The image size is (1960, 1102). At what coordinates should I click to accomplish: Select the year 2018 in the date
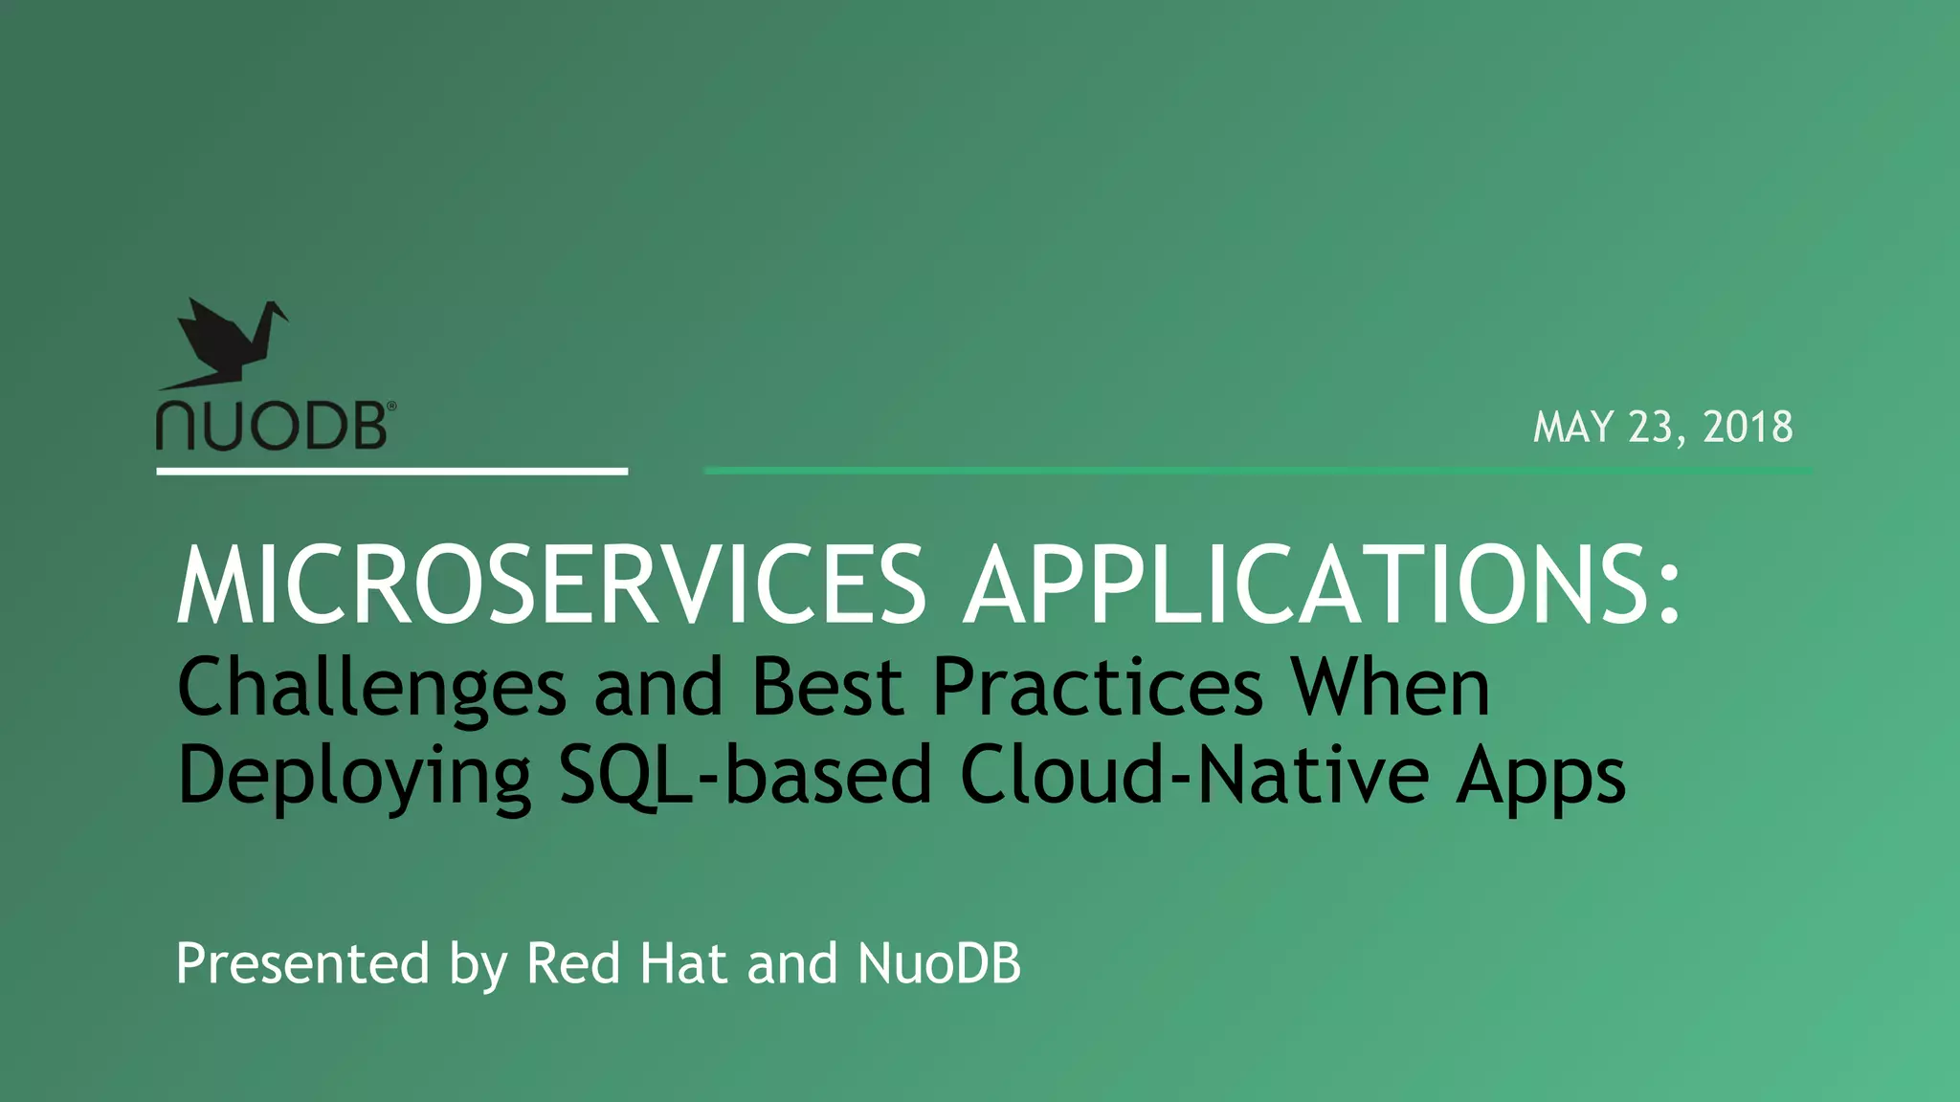tap(1748, 427)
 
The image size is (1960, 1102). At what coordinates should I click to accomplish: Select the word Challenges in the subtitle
tap(371, 689)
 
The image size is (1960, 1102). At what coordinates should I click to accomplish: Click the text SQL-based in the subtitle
tap(745, 775)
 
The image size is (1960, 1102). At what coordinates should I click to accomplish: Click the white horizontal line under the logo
tap(391, 471)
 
